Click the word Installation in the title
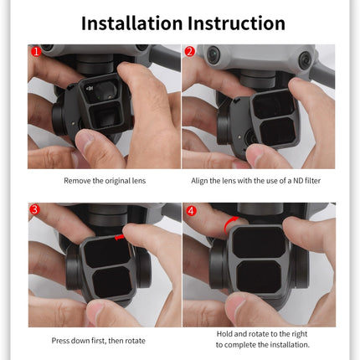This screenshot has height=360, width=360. (131, 23)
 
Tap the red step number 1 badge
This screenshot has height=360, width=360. (35, 53)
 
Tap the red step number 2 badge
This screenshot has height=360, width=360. (190, 53)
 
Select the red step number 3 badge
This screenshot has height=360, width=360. (35, 209)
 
